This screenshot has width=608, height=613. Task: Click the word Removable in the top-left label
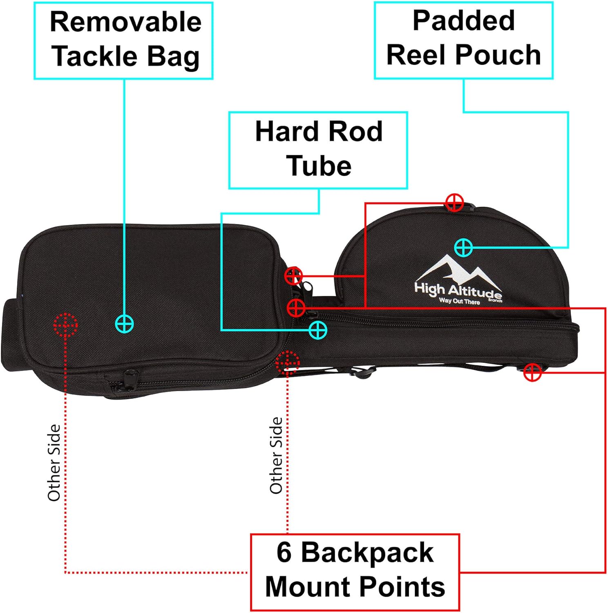click(125, 22)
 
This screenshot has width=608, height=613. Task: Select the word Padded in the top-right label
click(463, 20)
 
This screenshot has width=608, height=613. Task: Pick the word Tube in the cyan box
click(319, 166)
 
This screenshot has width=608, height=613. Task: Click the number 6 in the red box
click(284, 553)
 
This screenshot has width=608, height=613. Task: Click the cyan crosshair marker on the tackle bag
click(124, 324)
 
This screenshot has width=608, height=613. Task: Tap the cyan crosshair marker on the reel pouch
click(463, 247)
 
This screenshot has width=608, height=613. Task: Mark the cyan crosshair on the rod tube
click(317, 330)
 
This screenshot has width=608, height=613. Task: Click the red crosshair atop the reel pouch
click(454, 202)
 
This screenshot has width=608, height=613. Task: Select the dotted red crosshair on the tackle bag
click(65, 325)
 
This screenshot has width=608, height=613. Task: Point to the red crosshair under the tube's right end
click(532, 372)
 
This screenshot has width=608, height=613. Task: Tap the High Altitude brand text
click(458, 291)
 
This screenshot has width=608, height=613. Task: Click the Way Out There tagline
click(459, 301)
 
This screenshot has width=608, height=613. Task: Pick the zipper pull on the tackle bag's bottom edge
click(130, 374)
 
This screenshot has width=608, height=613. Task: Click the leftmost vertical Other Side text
click(54, 463)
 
